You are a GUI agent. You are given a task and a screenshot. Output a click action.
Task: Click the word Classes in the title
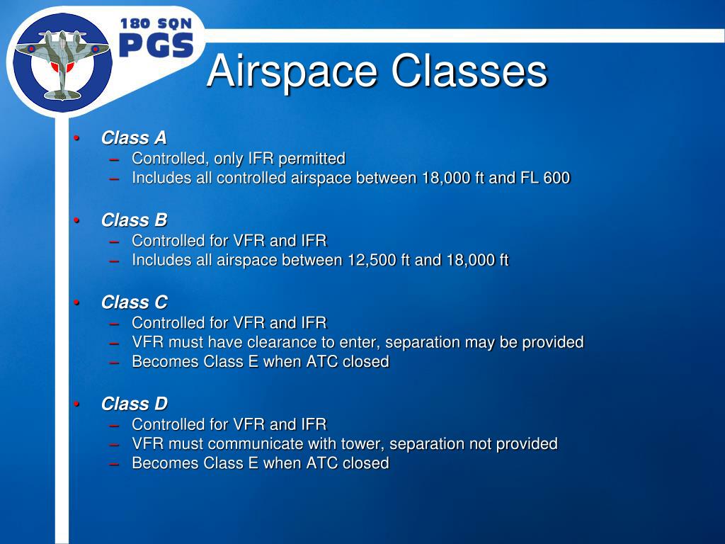(470, 72)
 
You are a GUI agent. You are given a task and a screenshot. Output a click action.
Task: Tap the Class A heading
(134, 137)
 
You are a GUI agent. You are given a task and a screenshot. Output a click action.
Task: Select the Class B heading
(134, 220)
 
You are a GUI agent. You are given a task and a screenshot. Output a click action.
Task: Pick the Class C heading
(134, 302)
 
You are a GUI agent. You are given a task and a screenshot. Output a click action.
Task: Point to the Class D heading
(134, 404)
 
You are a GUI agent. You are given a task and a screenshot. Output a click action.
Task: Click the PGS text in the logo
(156, 46)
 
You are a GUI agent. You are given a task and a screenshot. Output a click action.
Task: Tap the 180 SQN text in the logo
(156, 24)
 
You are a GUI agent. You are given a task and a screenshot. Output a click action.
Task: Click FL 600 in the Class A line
(545, 178)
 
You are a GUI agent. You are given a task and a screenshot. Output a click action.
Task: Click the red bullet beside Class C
(77, 302)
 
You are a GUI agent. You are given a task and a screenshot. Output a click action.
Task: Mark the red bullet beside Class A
(77, 138)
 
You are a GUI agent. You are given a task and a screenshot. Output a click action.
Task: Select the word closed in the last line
(365, 463)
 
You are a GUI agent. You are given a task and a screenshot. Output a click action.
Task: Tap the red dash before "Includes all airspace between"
(115, 260)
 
